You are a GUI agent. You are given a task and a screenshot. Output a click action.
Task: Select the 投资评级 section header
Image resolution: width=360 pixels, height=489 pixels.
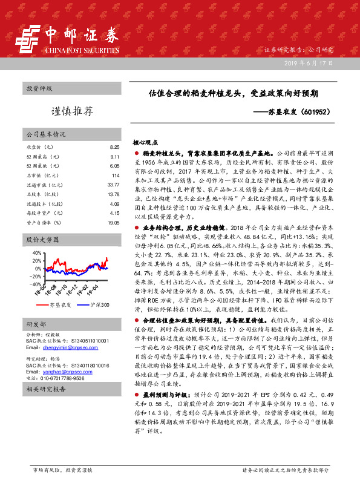(38, 88)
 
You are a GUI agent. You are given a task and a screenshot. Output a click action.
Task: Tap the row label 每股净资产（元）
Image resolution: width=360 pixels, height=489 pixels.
(42, 213)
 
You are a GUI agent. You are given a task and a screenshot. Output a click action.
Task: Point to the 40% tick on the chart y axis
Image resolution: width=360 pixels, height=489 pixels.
(36, 252)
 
